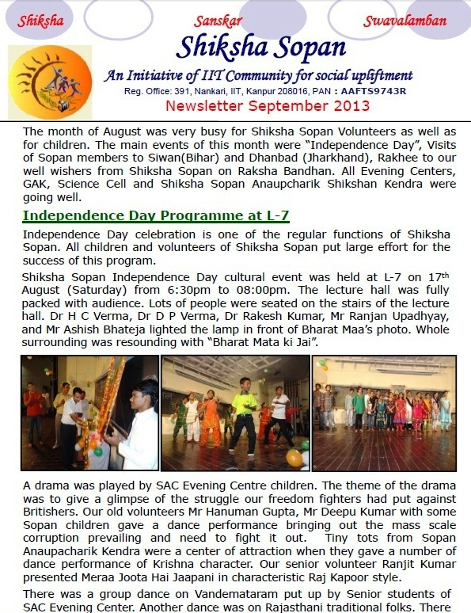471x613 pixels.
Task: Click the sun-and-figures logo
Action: [50, 82]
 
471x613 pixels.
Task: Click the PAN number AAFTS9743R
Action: [372, 91]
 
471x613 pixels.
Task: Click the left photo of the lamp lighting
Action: [89, 412]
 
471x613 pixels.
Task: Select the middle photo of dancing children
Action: [235, 412]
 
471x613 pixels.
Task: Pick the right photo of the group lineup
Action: [385, 412]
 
